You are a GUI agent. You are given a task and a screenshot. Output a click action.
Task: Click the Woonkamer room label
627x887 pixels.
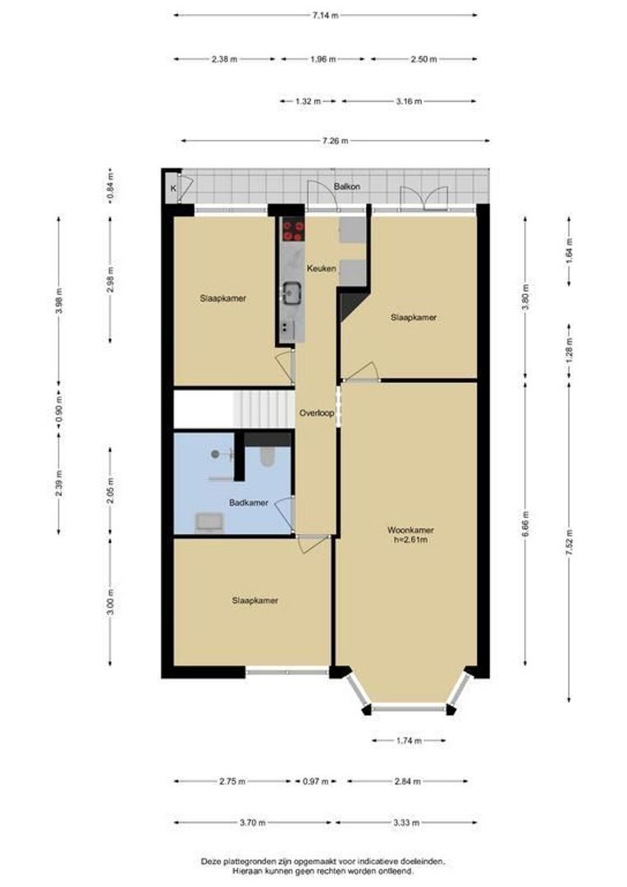tap(410, 531)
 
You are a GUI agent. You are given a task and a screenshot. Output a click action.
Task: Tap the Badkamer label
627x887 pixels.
tap(248, 503)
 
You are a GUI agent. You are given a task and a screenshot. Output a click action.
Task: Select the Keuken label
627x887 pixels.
tap(321, 268)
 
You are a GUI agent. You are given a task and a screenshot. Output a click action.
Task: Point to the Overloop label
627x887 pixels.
tap(317, 413)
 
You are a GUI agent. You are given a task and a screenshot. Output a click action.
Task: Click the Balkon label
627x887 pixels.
tap(346, 186)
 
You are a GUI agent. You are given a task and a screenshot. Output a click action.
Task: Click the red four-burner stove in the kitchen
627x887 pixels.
tap(294, 230)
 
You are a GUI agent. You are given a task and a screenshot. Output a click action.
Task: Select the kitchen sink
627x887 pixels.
tap(292, 292)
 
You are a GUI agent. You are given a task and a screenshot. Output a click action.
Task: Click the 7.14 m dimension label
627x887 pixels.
tap(325, 16)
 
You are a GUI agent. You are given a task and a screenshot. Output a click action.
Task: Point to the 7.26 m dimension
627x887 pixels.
tap(336, 141)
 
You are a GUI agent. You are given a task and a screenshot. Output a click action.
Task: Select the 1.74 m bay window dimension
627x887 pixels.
tap(410, 741)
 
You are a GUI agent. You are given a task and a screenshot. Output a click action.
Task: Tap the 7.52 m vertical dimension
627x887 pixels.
tap(570, 542)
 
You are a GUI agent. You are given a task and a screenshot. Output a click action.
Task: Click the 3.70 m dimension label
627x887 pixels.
tap(252, 822)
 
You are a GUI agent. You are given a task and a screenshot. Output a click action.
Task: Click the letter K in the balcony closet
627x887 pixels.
tap(173, 188)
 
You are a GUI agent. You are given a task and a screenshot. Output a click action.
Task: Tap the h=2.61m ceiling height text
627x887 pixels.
tap(410, 540)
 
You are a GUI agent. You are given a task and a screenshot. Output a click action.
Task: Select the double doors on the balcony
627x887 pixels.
tap(424, 198)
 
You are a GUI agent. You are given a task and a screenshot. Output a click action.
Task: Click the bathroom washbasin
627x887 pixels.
tap(209, 522)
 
